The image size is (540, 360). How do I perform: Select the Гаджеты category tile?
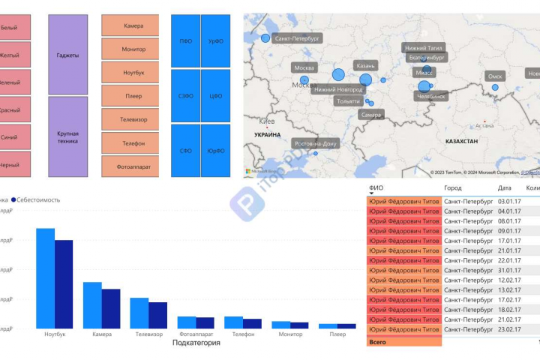pos(67,55)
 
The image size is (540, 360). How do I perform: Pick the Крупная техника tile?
pos(67,137)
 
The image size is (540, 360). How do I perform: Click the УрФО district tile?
pos(216,41)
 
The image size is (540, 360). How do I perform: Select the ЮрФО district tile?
pos(216,151)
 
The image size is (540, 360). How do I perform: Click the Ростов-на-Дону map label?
pos(316,143)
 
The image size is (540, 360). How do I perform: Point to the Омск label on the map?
pos(495,76)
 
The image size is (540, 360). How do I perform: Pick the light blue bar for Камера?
pos(92,304)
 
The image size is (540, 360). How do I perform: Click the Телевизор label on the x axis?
pos(148,334)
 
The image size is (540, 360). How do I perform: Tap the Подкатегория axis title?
pos(196,343)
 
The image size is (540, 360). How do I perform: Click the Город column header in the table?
pos(453,188)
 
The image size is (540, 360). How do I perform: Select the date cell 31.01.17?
pos(509,270)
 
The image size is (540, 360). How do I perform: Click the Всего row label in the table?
pos(378,342)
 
